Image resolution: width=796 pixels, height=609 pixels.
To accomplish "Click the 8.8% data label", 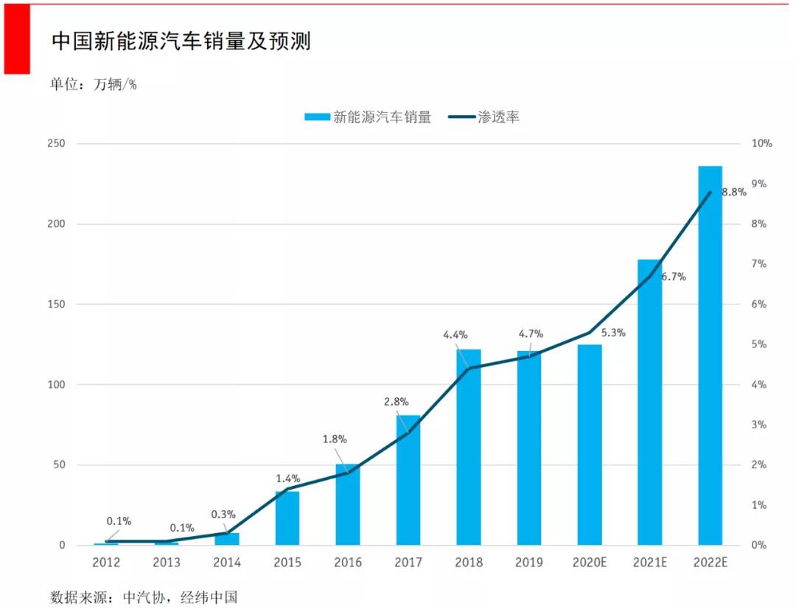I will point(733,192).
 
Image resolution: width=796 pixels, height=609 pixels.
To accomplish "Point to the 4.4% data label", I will point(455,335).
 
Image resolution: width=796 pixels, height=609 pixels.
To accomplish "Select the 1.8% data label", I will point(335,439).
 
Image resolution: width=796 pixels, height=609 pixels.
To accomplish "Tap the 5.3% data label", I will point(612,333).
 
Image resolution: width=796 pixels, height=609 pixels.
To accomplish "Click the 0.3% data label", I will point(223,515).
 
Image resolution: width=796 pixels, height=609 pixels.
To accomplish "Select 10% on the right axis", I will point(761,144).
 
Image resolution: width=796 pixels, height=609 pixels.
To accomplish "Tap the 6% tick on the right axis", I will point(758,304).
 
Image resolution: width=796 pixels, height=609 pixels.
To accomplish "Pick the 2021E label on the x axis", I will point(649,563).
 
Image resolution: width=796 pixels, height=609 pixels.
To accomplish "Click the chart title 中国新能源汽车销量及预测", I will point(181,41).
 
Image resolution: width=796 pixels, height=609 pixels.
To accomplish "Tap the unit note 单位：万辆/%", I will point(94,84).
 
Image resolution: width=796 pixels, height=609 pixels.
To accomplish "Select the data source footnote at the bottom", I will point(144,596).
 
